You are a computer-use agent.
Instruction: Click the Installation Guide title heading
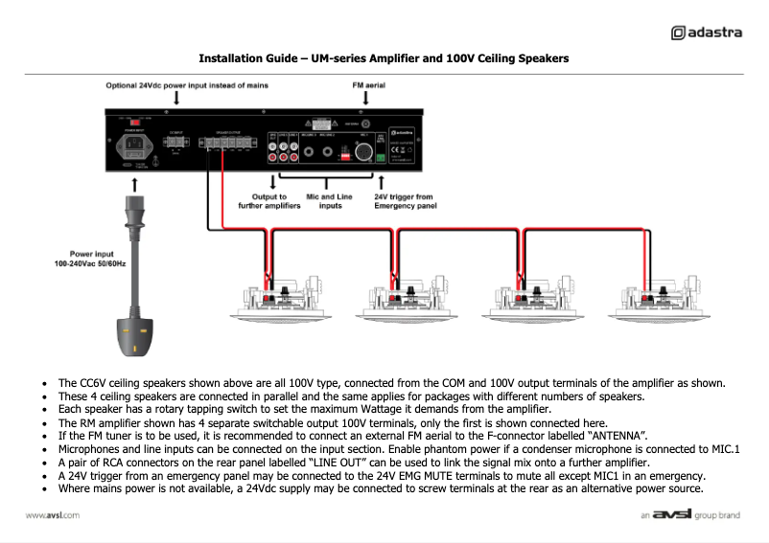point(384,58)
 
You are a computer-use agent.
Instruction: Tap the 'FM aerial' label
point(369,85)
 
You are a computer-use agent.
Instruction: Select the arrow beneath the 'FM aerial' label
point(369,99)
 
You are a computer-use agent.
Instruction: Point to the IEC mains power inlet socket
point(134,147)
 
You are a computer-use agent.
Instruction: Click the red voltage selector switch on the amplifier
point(135,122)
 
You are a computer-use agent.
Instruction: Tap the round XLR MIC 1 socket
point(365,151)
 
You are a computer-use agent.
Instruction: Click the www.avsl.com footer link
point(52,515)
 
